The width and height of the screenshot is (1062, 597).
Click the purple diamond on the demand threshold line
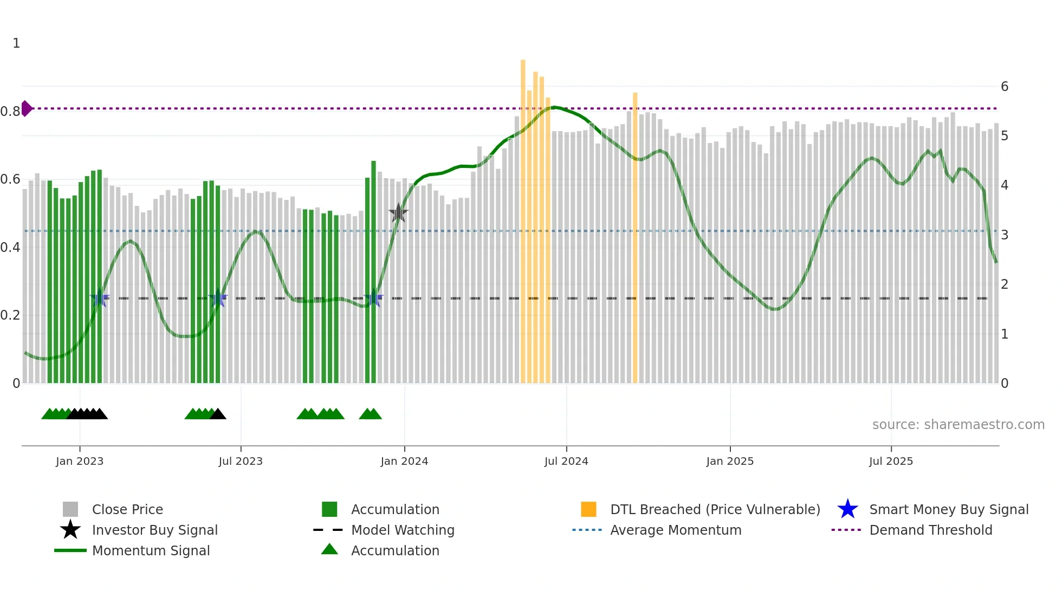click(x=26, y=108)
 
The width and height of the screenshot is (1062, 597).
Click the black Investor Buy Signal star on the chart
click(x=398, y=213)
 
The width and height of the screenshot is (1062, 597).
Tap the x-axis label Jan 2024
click(x=404, y=461)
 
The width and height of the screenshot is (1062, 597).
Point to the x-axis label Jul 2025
click(x=891, y=461)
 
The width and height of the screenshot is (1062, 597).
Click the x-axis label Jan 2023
click(x=80, y=461)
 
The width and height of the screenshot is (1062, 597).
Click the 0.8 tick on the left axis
click(x=10, y=112)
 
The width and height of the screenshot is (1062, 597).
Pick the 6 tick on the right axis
click(x=1005, y=87)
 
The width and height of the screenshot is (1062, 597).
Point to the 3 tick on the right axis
click(x=1005, y=235)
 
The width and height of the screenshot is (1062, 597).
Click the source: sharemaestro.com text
click(x=958, y=425)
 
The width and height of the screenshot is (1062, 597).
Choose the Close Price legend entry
click(x=127, y=510)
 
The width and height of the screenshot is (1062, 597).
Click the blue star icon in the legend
click(x=847, y=509)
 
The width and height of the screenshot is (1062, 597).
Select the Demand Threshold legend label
click(x=930, y=530)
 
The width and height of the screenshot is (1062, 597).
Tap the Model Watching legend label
click(x=403, y=530)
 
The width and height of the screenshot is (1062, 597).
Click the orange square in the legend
click(x=588, y=509)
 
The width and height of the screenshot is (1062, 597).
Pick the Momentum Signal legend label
click(x=151, y=551)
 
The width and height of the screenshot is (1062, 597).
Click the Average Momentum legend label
click(x=676, y=530)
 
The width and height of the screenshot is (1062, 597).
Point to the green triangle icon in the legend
click(x=329, y=549)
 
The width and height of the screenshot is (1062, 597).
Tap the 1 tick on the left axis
click(x=16, y=43)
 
